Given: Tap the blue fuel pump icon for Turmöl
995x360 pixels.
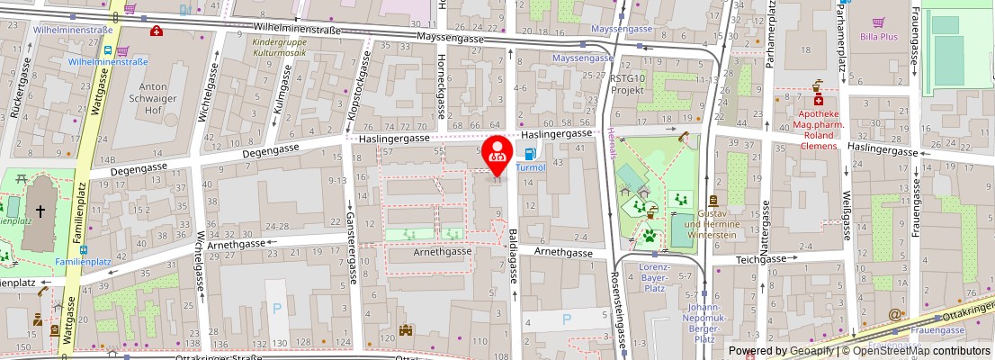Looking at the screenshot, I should (532, 155).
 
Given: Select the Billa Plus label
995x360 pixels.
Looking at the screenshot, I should (878, 37).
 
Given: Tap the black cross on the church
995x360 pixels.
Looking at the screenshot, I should (40, 211).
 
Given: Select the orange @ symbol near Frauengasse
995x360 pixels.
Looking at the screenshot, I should (893, 315).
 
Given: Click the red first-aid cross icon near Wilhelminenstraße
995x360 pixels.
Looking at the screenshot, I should (157, 31).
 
